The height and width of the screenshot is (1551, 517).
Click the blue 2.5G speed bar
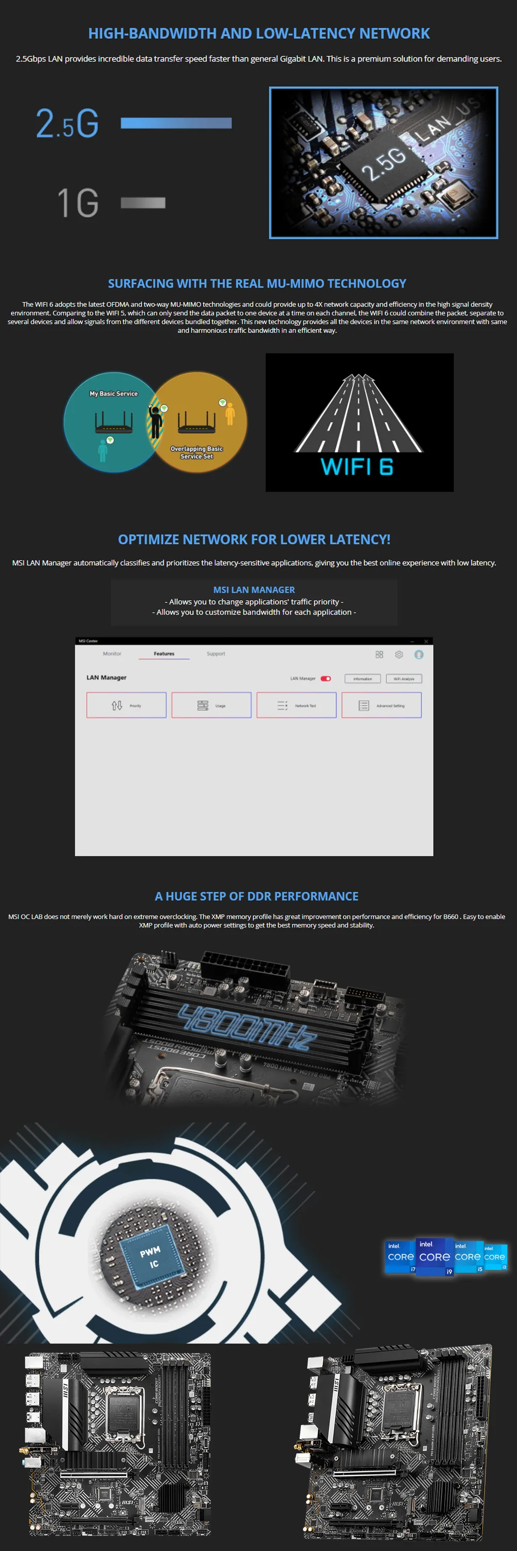click(176, 123)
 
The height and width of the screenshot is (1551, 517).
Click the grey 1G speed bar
click(143, 203)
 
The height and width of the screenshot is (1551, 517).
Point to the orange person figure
click(230, 414)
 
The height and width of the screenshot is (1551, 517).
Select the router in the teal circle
click(113, 422)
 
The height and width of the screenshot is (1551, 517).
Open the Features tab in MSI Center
click(164, 653)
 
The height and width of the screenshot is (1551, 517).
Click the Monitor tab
click(112, 653)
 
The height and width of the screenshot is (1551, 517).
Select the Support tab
click(216, 653)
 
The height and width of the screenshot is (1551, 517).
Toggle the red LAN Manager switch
click(326, 678)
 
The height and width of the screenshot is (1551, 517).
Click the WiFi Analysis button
click(404, 678)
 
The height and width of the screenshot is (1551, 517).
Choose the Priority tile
click(126, 705)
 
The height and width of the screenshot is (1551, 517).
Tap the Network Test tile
click(296, 705)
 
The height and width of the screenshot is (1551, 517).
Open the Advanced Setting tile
click(382, 705)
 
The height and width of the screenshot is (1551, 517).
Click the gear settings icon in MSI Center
click(399, 655)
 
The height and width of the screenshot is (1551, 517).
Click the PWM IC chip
click(150, 1258)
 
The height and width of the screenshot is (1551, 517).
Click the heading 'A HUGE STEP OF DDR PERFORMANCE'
click(256, 896)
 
